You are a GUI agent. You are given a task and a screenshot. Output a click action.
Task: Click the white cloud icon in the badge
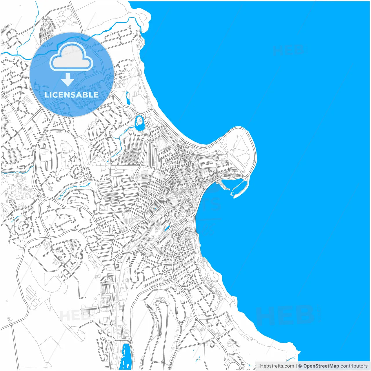click(71, 57)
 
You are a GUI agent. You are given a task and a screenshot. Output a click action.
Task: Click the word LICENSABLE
click(72, 95)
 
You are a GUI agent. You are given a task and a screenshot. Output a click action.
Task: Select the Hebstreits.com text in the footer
click(277, 366)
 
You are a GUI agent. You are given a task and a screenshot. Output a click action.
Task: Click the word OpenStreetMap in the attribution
click(321, 366)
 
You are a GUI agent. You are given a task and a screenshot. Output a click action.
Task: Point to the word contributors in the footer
click(354, 366)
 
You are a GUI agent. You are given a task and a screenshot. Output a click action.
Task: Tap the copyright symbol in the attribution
click(300, 366)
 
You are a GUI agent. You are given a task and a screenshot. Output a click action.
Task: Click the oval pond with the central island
click(140, 123)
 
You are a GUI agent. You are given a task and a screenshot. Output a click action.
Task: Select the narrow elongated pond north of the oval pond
click(128, 98)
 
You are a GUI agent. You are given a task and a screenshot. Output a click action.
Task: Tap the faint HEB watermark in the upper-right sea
click(288, 50)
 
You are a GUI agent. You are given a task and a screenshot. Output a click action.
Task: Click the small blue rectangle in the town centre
click(155, 208)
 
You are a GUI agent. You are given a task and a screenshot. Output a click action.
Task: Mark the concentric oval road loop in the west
click(76, 172)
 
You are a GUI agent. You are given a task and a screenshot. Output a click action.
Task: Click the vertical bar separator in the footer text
click(296, 366)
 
